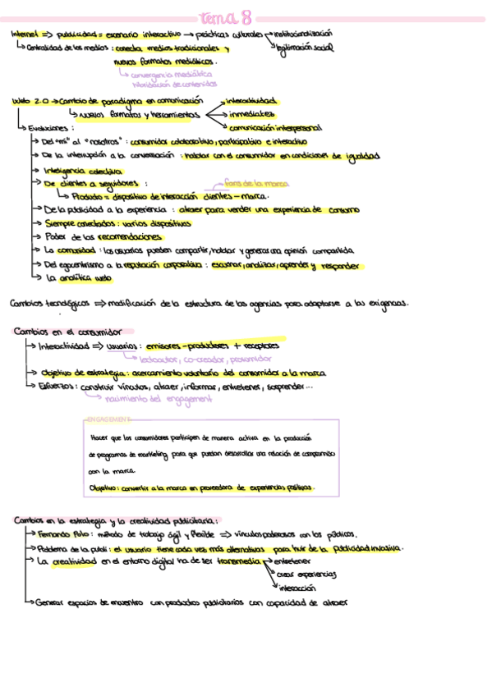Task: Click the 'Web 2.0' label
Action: pos(30,101)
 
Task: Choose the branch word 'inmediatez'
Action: pos(252,114)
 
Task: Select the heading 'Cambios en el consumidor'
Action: pos(68,332)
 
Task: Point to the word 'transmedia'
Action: pos(233,561)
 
